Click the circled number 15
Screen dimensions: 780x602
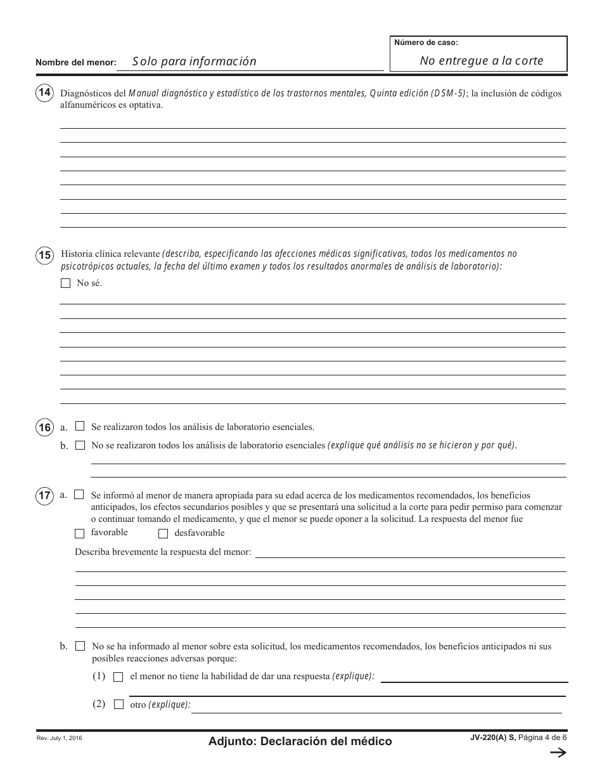[44, 256]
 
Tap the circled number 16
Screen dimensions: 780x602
[44, 427]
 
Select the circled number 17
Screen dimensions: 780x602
[44, 496]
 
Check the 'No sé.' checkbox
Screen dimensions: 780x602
[65, 283]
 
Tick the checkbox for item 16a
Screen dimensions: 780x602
[80, 426]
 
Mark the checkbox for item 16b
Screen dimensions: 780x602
[80, 445]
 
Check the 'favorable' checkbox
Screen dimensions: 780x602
[79, 533]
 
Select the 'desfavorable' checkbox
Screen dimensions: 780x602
[163, 533]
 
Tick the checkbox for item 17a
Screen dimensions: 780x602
[79, 494]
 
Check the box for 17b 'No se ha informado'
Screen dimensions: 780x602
[80, 646]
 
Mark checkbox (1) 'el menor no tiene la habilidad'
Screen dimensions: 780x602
[118, 677]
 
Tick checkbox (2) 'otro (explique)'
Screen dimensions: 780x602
[118, 705]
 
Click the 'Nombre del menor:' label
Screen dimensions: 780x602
[76, 62]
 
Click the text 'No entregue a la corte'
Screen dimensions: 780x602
[482, 61]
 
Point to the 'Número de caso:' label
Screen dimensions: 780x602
[426, 43]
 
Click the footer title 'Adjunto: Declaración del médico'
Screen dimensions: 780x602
[300, 741]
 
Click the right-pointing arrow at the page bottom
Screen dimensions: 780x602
[557, 753]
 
